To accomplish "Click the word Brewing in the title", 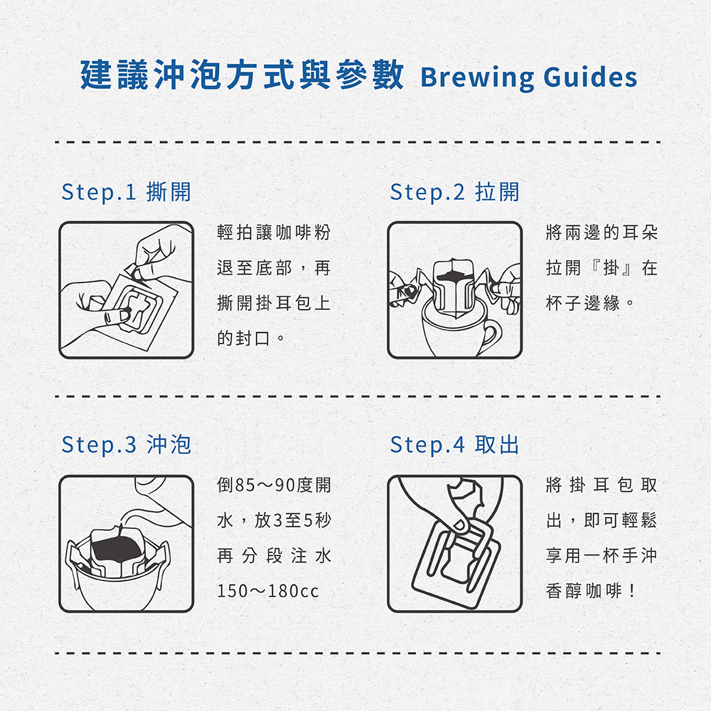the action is click(478, 77).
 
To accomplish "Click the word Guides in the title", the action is click(590, 76).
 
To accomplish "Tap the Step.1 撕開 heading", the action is click(126, 192).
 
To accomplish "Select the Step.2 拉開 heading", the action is click(454, 192).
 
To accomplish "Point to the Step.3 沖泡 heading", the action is click(126, 444).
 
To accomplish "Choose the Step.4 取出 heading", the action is click(454, 444).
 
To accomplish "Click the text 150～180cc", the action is click(268, 591).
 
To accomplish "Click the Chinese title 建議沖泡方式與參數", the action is click(242, 75).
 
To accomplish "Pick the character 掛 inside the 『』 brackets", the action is click(611, 267).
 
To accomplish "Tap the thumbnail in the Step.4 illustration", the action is click(459, 526).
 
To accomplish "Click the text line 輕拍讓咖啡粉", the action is click(274, 232).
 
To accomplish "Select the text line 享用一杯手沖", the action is click(602, 555).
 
